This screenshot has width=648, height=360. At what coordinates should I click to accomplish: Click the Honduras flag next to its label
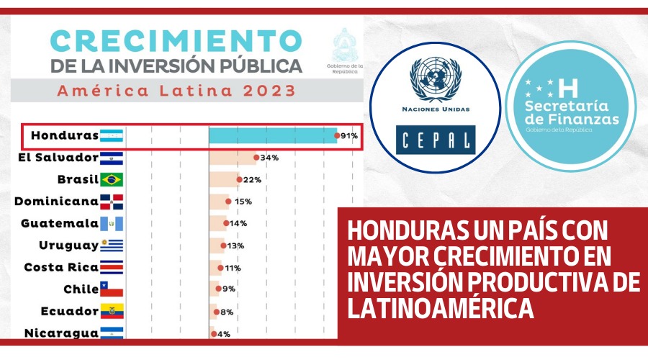(112, 135)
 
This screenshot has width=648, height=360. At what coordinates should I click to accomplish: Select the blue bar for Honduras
(273, 135)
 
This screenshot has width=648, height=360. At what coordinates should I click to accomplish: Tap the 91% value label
(350, 135)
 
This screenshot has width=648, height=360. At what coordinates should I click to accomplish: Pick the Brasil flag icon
(112, 179)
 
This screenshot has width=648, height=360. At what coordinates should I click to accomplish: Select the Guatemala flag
(112, 223)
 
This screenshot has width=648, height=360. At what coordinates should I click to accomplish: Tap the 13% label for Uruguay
(236, 246)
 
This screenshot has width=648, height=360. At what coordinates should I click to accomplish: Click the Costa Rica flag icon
(112, 267)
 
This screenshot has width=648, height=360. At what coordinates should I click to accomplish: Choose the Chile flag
(112, 289)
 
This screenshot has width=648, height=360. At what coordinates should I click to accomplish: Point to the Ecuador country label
(70, 311)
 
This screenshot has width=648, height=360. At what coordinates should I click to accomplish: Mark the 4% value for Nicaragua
(225, 333)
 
